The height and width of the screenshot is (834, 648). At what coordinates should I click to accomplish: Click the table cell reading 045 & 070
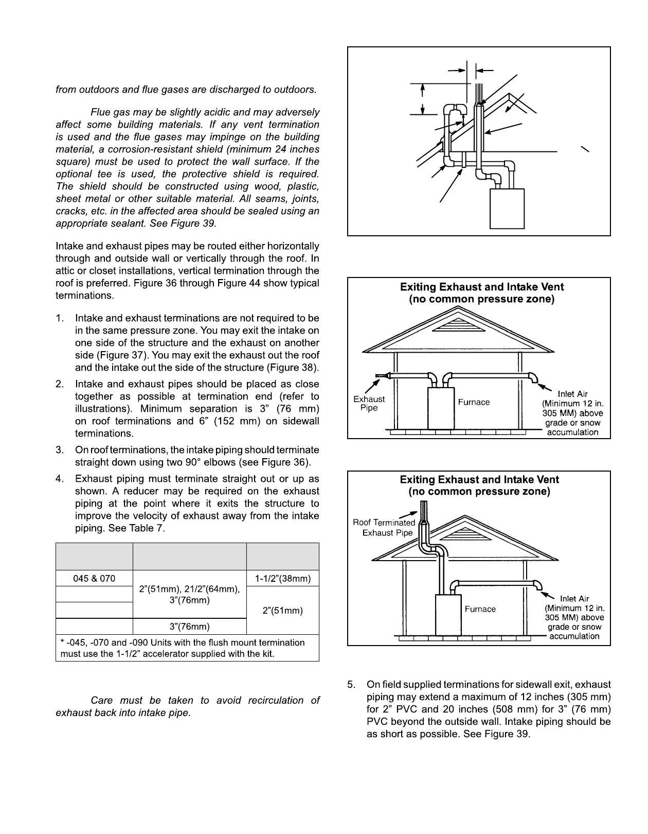click(94, 578)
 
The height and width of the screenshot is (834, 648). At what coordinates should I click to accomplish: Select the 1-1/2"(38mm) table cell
click(283, 578)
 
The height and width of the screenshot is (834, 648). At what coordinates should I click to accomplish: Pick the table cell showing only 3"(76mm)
click(189, 627)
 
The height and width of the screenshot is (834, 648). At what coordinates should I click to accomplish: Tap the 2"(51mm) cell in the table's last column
click(283, 611)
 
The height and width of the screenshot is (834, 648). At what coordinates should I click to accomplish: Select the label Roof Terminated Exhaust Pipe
click(385, 528)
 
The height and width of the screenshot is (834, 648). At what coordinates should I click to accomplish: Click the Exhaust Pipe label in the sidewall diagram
click(369, 403)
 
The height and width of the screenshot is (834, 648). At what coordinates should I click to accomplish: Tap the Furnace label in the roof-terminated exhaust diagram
click(480, 609)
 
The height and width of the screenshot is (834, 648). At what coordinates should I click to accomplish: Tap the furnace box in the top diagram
click(507, 208)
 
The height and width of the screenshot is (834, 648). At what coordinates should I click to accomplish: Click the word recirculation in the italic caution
click(275, 700)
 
